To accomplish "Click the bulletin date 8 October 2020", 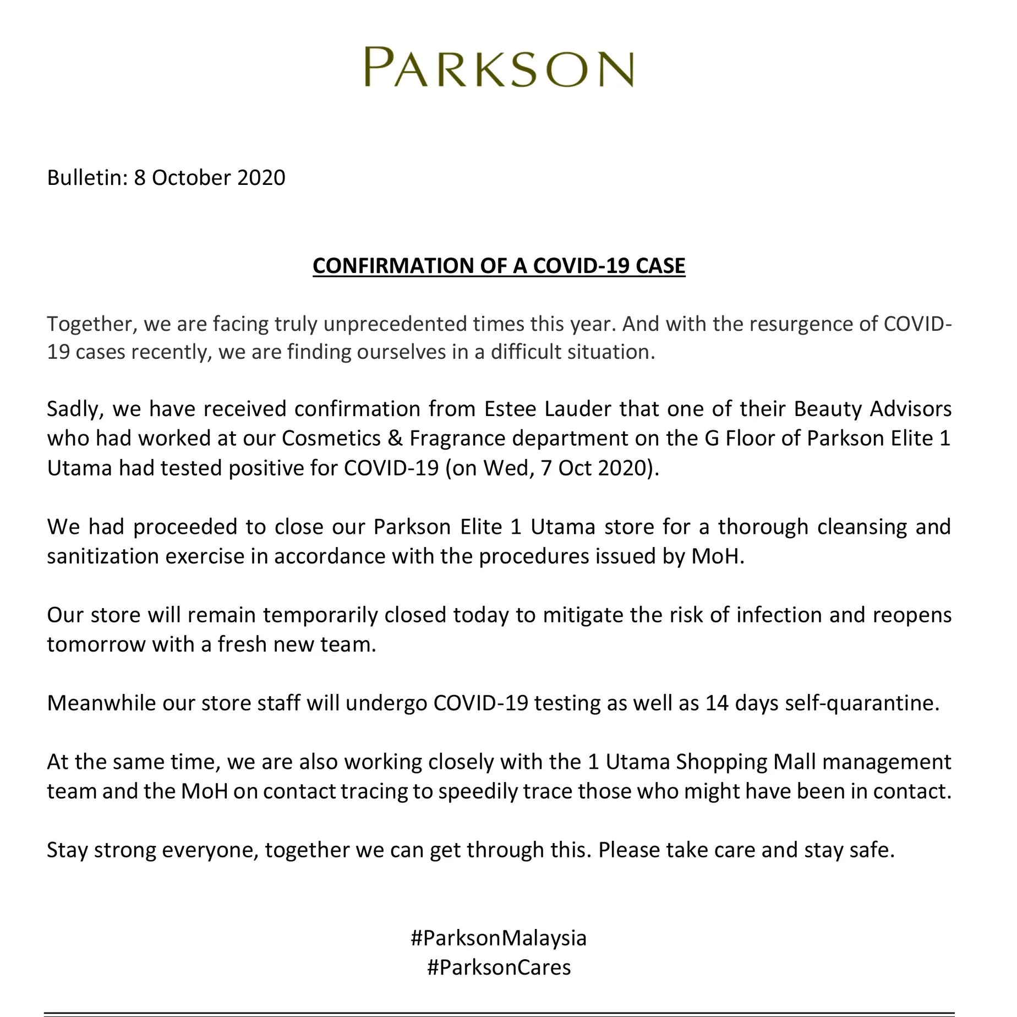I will coord(210,178).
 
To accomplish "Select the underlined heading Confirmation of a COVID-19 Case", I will coord(499,266).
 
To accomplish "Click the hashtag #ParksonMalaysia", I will coord(499,938).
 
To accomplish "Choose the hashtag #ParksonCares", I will coord(499,967).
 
